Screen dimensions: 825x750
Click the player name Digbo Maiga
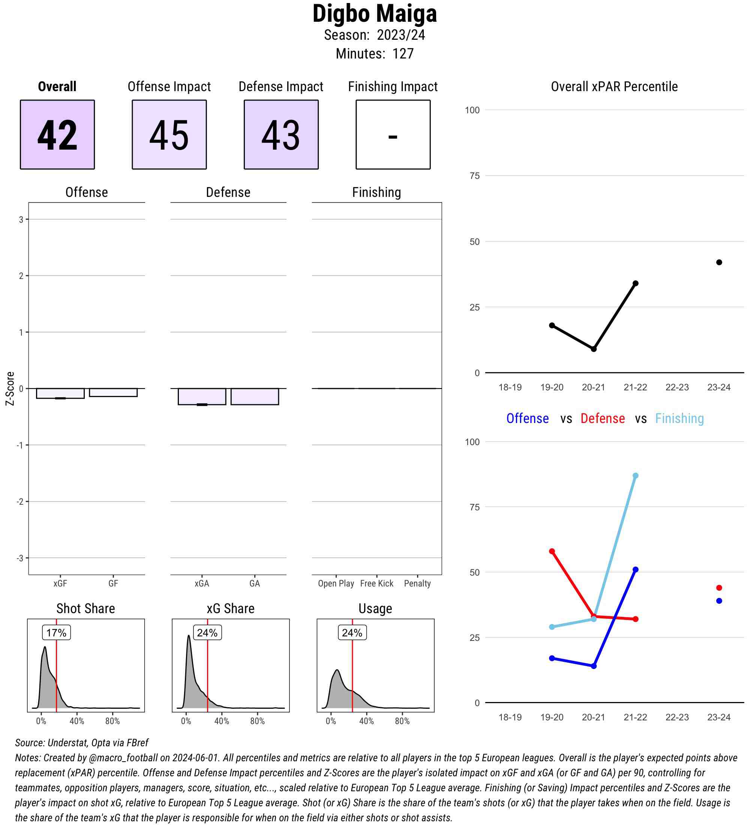374,14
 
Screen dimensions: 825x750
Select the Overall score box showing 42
57,134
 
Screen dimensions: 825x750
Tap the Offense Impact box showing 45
169,134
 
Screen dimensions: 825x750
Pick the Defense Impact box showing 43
281,134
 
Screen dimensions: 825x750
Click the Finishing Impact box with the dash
393,134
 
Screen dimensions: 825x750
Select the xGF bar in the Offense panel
60,393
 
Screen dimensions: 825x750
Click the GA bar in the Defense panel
255,396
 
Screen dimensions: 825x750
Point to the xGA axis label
202,583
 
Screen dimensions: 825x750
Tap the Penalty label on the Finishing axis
417,583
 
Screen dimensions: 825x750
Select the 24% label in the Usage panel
352,633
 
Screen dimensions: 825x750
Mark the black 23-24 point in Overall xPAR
719,262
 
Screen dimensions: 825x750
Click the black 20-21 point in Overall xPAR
594,349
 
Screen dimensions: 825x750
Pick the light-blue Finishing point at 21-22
635,475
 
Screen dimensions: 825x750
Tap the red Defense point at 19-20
552,551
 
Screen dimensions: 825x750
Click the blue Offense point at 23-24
719,601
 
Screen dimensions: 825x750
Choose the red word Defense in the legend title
603,418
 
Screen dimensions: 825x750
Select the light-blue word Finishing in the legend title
679,418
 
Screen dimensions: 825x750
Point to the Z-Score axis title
10,388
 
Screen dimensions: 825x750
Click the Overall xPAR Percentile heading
614,87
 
